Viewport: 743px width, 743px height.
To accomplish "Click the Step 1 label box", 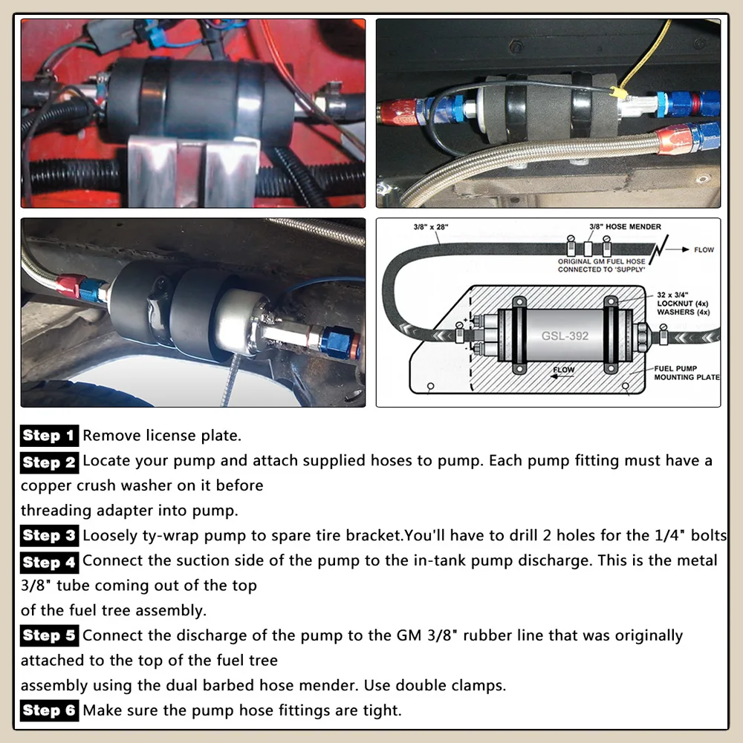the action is (49, 436).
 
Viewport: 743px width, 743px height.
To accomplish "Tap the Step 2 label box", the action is (49, 462).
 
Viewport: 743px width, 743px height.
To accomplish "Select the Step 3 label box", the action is (49, 535).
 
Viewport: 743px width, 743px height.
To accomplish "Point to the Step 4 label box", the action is (49, 562).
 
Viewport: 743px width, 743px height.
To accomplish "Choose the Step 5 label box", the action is (49, 635).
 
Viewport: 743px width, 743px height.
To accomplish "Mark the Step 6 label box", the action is (49, 710).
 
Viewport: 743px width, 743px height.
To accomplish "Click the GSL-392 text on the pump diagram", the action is (565, 336).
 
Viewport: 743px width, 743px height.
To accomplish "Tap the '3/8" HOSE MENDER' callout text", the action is (625, 227).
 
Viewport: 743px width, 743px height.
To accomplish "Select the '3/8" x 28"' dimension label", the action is (431, 227).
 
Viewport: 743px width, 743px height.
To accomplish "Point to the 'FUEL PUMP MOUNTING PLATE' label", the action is (687, 373).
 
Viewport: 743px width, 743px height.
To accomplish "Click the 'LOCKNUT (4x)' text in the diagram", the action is (682, 304).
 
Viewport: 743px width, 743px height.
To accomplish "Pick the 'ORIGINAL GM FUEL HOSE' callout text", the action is (601, 261).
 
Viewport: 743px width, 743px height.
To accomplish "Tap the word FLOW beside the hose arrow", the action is (704, 249).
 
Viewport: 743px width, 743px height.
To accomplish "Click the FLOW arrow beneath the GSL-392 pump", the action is (562, 377).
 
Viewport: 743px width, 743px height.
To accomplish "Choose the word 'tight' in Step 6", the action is (382, 710).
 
